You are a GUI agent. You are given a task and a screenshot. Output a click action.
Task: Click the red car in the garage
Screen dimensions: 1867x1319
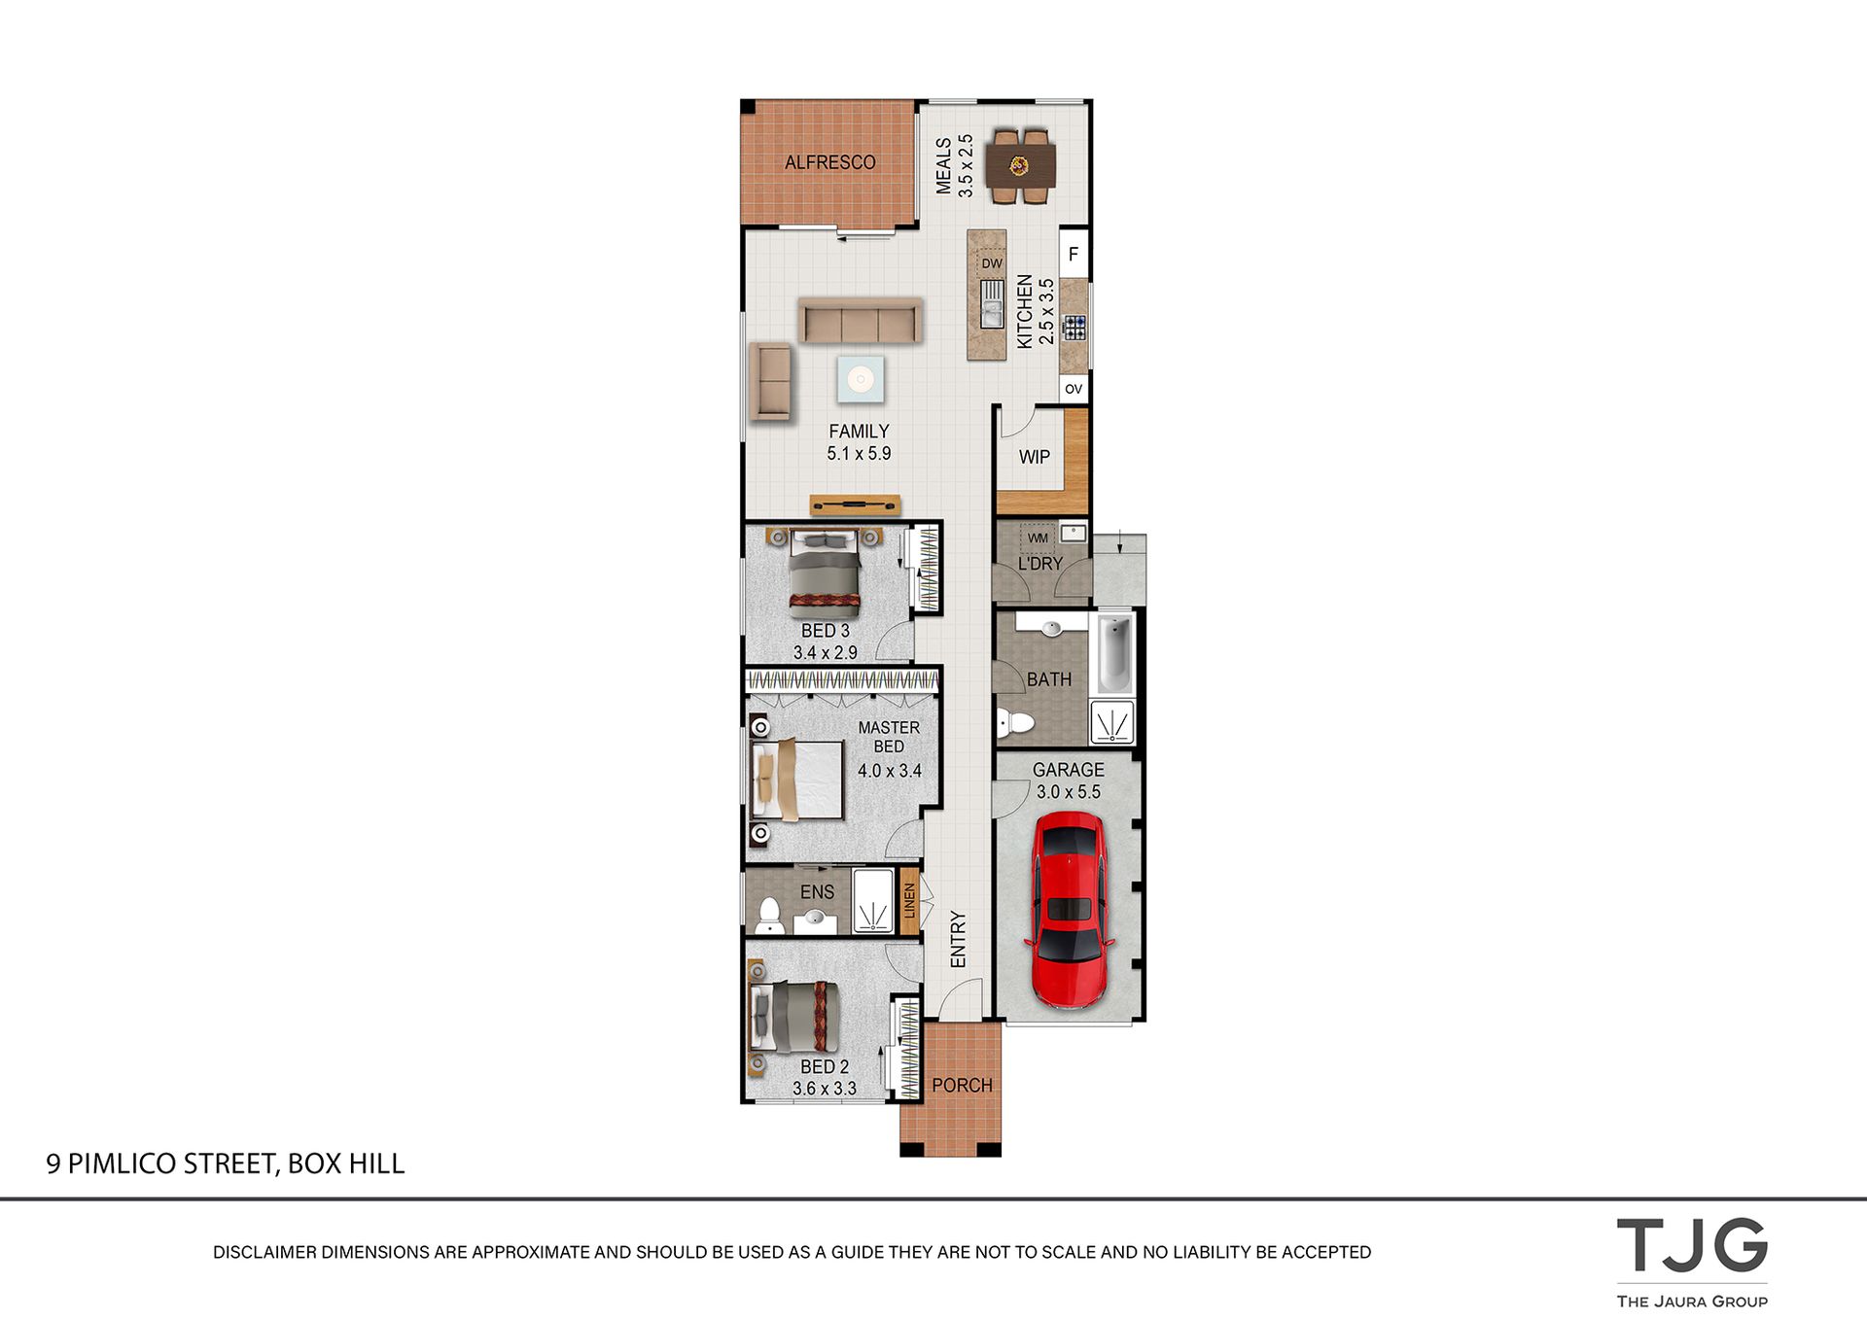[x=1068, y=910]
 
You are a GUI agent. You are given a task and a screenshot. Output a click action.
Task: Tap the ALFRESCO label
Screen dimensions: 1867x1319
[x=830, y=162]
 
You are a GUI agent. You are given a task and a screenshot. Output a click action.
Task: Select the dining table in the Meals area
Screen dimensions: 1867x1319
[x=1020, y=166]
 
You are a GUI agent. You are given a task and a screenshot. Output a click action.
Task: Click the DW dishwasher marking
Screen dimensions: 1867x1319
[x=992, y=263]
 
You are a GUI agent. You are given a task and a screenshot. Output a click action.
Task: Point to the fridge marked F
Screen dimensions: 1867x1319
[x=1074, y=254]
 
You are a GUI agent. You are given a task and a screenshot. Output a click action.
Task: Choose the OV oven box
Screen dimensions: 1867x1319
[x=1074, y=389]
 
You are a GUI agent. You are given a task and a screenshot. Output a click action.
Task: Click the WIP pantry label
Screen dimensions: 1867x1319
[x=1035, y=457]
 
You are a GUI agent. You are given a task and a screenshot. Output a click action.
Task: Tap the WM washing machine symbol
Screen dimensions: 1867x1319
[x=1038, y=538]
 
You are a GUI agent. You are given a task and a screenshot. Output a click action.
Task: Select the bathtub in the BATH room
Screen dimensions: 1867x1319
[x=1115, y=652]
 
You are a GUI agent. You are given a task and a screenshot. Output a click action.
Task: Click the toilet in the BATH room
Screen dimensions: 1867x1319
[x=1014, y=723]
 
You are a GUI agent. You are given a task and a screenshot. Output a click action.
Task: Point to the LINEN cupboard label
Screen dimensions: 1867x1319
[x=909, y=901]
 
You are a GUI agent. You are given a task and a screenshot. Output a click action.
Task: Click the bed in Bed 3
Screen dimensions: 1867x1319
[x=825, y=573]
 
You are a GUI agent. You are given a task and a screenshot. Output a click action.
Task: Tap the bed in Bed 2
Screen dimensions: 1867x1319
[x=792, y=1017]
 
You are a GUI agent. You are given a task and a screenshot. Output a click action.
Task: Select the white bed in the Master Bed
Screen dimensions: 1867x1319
[x=797, y=780]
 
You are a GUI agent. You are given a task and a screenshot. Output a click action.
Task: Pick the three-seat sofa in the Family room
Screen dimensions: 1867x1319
[x=861, y=321]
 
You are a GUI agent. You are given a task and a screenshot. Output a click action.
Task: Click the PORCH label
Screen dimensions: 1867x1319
[x=963, y=1085]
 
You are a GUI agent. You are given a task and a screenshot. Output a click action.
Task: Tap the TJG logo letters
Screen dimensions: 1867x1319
[x=1692, y=1245]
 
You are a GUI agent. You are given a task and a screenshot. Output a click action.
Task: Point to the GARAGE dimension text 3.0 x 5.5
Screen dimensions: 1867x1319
[x=1069, y=792]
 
